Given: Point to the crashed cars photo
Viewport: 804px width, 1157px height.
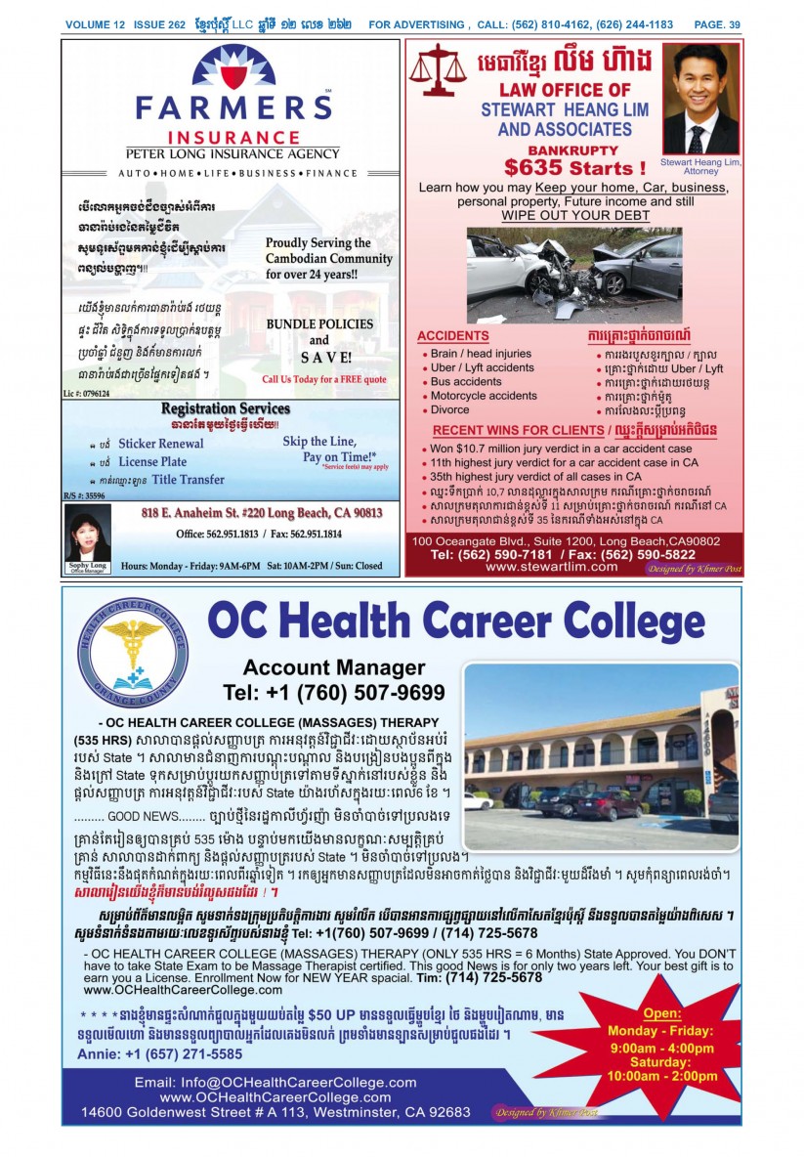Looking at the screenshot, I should point(574,263).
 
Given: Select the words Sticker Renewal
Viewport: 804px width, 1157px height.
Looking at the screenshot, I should point(161,444).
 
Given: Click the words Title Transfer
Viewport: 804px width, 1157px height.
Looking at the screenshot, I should point(188,480).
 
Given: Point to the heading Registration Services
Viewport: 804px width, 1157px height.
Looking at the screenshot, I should point(225,408).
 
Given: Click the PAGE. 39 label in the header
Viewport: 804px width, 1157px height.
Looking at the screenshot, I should point(717,25).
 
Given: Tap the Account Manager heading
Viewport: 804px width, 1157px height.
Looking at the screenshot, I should point(334,668).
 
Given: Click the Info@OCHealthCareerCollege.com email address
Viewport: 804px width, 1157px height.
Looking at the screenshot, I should point(275,1083).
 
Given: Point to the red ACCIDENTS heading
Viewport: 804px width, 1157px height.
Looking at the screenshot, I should point(452,336).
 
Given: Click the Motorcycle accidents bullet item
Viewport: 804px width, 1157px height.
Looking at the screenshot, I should point(484,396).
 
